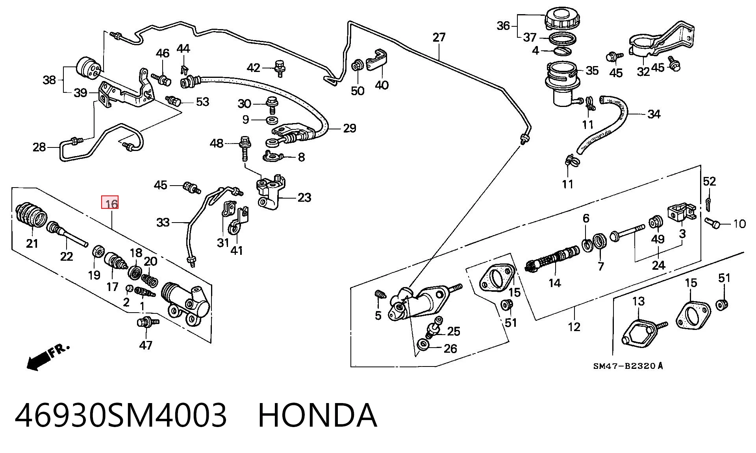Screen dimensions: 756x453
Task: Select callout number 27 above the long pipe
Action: (439, 37)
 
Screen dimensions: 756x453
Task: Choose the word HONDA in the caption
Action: (317, 415)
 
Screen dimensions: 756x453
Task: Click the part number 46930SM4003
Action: (120, 415)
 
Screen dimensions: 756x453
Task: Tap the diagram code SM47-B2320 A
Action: (628, 366)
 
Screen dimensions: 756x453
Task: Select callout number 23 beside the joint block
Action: (304, 197)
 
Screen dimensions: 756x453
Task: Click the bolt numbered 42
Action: (280, 68)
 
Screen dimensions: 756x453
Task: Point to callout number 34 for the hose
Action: (654, 114)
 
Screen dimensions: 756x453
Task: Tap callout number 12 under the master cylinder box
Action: (574, 327)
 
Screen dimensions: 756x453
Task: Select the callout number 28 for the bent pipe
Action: (39, 147)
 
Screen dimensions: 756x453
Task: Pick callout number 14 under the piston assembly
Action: (554, 283)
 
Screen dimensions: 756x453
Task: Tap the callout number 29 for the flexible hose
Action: (349, 128)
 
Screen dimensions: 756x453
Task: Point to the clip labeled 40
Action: (377, 61)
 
